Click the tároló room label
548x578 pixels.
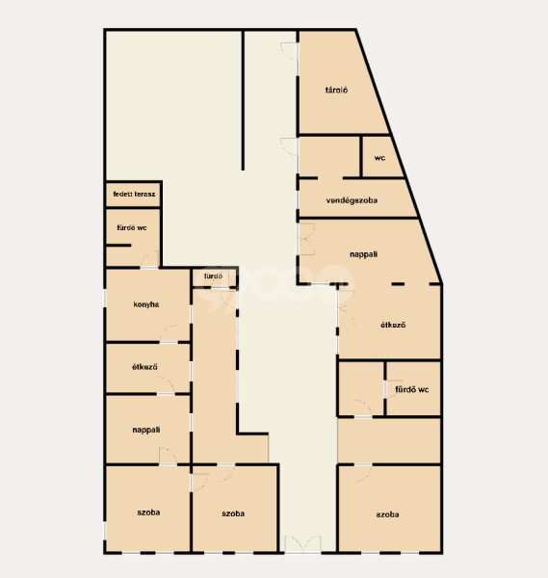tap(336, 90)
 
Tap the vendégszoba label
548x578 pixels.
tap(352, 200)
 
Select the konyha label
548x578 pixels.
tap(146, 304)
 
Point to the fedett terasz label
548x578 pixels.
tap(134, 194)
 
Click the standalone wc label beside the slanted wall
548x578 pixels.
tap(379, 158)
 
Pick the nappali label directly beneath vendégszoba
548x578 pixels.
tap(363, 254)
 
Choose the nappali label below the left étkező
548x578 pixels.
tap(146, 430)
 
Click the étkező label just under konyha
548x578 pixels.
tap(144, 367)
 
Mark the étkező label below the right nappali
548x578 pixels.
tap(393, 325)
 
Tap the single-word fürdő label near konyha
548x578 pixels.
tap(213, 276)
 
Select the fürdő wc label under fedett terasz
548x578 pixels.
tap(132, 227)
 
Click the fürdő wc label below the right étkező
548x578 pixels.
tap(411, 389)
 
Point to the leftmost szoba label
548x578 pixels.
tap(148, 512)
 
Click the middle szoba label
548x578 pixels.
tap(233, 513)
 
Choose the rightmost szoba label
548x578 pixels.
tap(387, 514)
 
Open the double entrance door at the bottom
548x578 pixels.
tap(303, 544)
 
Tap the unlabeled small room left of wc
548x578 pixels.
tap(329, 157)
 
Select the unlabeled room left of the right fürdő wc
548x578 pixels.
tap(361, 388)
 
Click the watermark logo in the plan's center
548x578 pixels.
tap(274, 286)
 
